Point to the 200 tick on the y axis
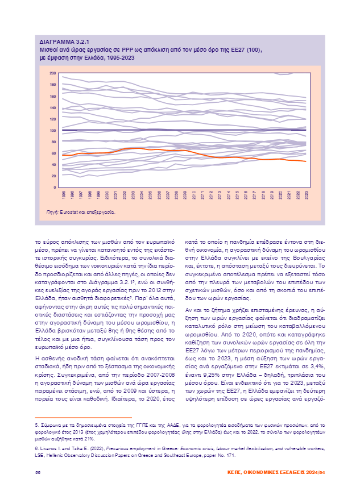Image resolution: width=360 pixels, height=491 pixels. pos(53,73)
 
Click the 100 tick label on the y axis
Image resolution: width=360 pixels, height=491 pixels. pos(53,130)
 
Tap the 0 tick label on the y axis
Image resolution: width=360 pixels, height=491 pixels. pos(55,187)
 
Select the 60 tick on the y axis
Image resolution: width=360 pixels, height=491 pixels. pos(53,153)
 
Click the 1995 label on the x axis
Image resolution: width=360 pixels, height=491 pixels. pos(63,195)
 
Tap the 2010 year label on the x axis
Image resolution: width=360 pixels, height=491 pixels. pos(193,195)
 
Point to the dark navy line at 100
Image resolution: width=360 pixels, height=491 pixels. pos(171,130)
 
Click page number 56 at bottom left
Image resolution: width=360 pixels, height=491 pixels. pos(38,472)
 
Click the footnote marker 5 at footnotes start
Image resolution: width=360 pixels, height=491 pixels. pos(36,426)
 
